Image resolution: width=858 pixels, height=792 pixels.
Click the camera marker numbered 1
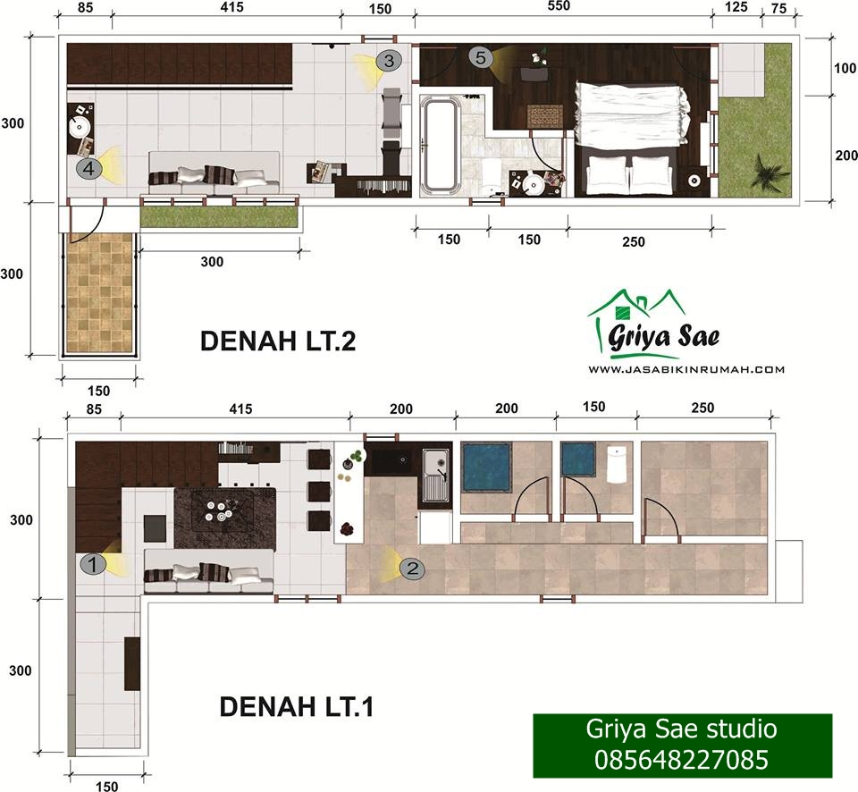(93, 564)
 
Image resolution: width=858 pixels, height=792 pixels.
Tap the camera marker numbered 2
(412, 569)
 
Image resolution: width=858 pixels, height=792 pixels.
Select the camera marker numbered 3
(389, 60)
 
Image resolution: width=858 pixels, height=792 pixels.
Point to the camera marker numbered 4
(89, 168)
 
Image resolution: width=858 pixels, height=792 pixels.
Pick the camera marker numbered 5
(481, 57)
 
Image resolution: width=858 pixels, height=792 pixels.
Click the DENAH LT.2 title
(278, 341)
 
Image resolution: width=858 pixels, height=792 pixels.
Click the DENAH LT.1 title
(297, 706)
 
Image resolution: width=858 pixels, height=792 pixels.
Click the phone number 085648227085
(681, 760)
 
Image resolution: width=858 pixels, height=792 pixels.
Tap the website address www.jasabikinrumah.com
(686, 369)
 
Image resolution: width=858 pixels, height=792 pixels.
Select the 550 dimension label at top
(558, 6)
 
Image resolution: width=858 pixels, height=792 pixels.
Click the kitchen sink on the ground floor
(436, 475)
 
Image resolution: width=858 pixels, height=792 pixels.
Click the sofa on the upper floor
(214, 173)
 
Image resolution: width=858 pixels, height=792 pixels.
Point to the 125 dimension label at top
(736, 7)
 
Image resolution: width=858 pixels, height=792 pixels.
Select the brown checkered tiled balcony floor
(99, 293)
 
